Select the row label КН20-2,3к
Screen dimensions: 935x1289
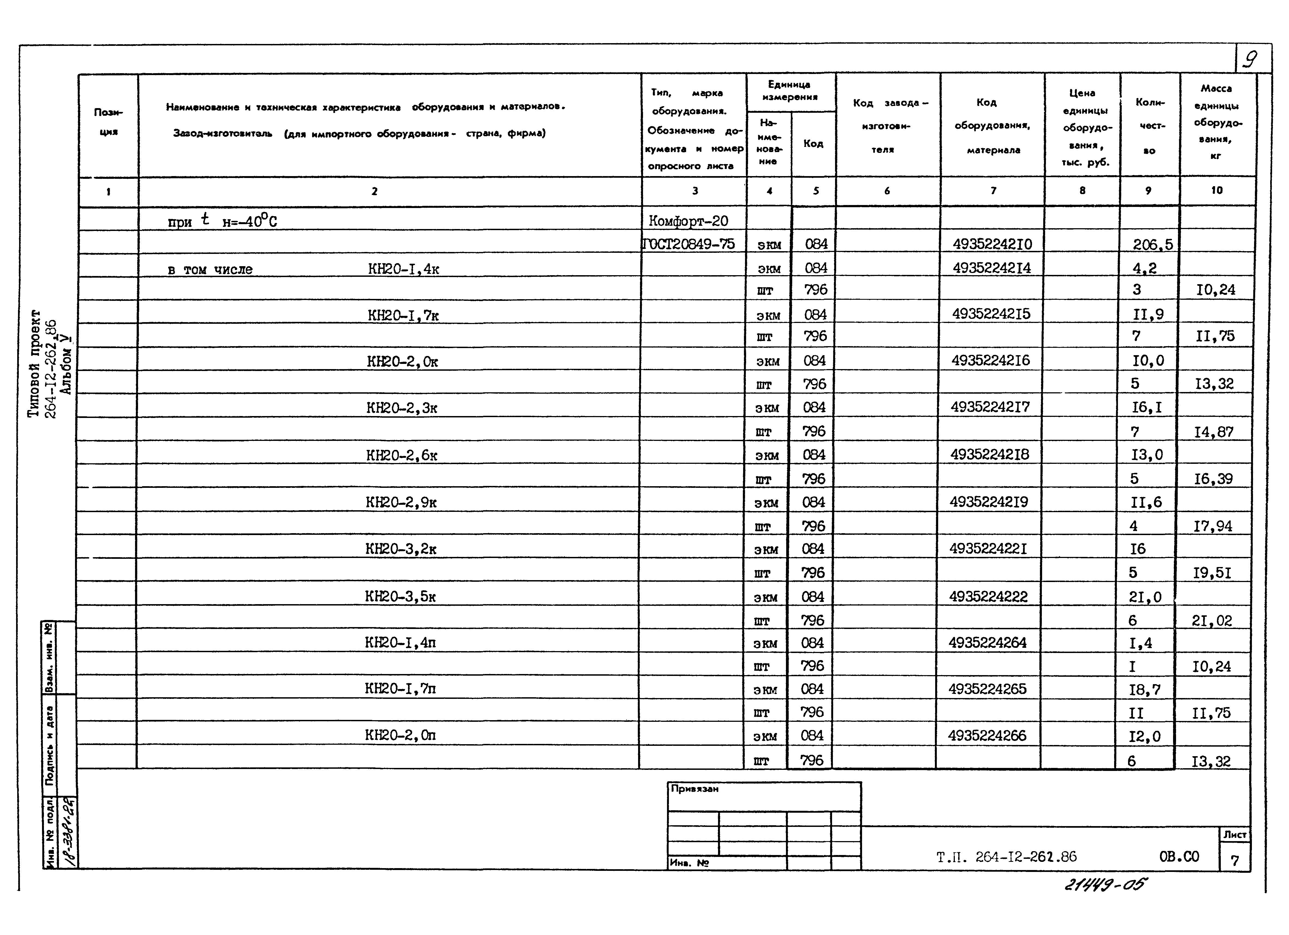pyautogui.click(x=402, y=408)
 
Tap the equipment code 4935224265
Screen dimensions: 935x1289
pyautogui.click(x=987, y=689)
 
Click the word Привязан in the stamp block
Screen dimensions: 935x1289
pyautogui.click(x=695, y=789)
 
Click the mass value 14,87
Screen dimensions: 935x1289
pyautogui.click(x=1213, y=432)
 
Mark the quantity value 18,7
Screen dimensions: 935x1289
pyautogui.click(x=1145, y=689)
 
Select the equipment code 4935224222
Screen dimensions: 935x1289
pyautogui.click(x=988, y=596)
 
